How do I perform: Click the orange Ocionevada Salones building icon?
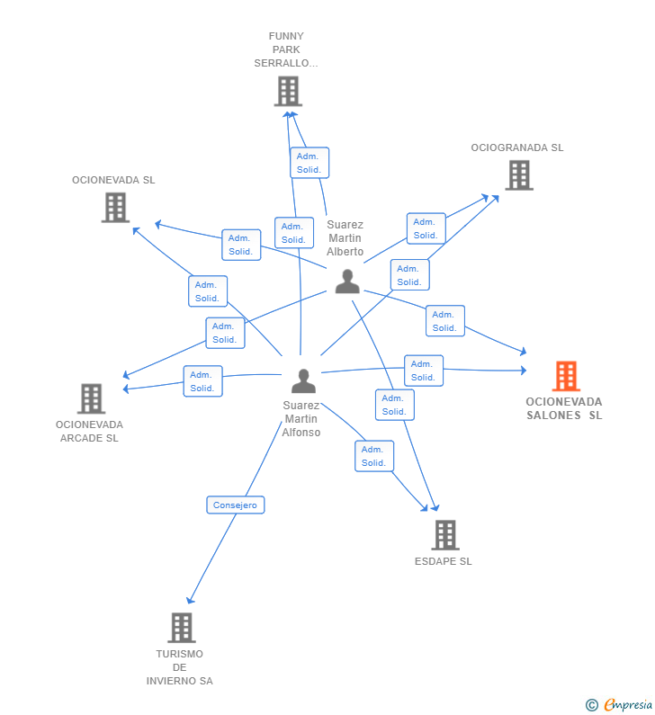click(x=566, y=376)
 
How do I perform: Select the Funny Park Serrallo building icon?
click(x=288, y=91)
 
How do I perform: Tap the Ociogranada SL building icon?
click(x=519, y=175)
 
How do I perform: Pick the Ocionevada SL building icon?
click(x=115, y=208)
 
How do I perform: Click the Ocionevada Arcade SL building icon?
click(x=91, y=398)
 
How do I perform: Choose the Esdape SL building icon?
click(x=444, y=535)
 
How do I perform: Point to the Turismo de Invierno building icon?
click(x=181, y=628)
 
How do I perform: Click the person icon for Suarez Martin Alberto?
click(x=347, y=282)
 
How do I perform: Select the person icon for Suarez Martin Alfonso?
click(x=304, y=381)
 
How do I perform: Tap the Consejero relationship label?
click(x=235, y=505)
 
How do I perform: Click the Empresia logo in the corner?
click(x=628, y=705)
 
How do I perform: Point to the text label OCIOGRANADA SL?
click(x=517, y=147)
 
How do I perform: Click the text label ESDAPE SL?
click(x=443, y=561)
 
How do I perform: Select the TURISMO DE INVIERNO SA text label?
click(x=180, y=667)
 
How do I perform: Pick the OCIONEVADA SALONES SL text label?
click(x=564, y=408)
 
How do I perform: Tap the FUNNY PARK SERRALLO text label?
click(x=286, y=50)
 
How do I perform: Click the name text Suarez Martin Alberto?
click(x=345, y=238)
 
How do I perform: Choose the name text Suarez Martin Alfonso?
click(x=301, y=419)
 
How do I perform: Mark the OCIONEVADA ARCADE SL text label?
click(x=89, y=432)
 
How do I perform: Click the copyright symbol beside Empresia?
click(x=591, y=705)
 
